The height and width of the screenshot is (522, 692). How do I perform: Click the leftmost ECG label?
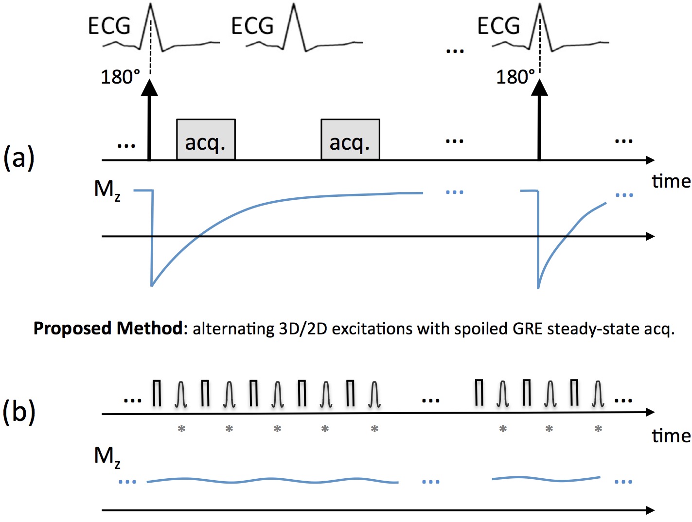point(109,26)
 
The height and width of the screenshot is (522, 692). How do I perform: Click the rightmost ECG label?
point(498,26)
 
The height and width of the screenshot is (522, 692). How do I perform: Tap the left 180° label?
point(120,77)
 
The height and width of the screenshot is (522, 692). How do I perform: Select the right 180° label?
point(515,77)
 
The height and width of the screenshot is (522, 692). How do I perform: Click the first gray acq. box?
point(206,140)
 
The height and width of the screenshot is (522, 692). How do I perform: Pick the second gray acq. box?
point(350,140)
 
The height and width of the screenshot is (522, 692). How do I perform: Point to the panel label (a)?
point(19,158)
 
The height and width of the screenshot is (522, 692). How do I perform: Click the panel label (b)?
point(19,412)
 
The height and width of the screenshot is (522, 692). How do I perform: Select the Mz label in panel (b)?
point(106,457)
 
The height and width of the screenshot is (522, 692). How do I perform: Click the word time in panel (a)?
point(671,181)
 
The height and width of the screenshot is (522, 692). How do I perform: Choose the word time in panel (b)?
point(671,436)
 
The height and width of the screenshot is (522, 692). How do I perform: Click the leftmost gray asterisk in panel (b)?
point(181,429)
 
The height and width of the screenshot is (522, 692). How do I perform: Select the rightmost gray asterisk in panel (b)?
point(598,429)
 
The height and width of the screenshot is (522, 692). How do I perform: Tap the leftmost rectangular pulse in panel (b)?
point(157,393)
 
